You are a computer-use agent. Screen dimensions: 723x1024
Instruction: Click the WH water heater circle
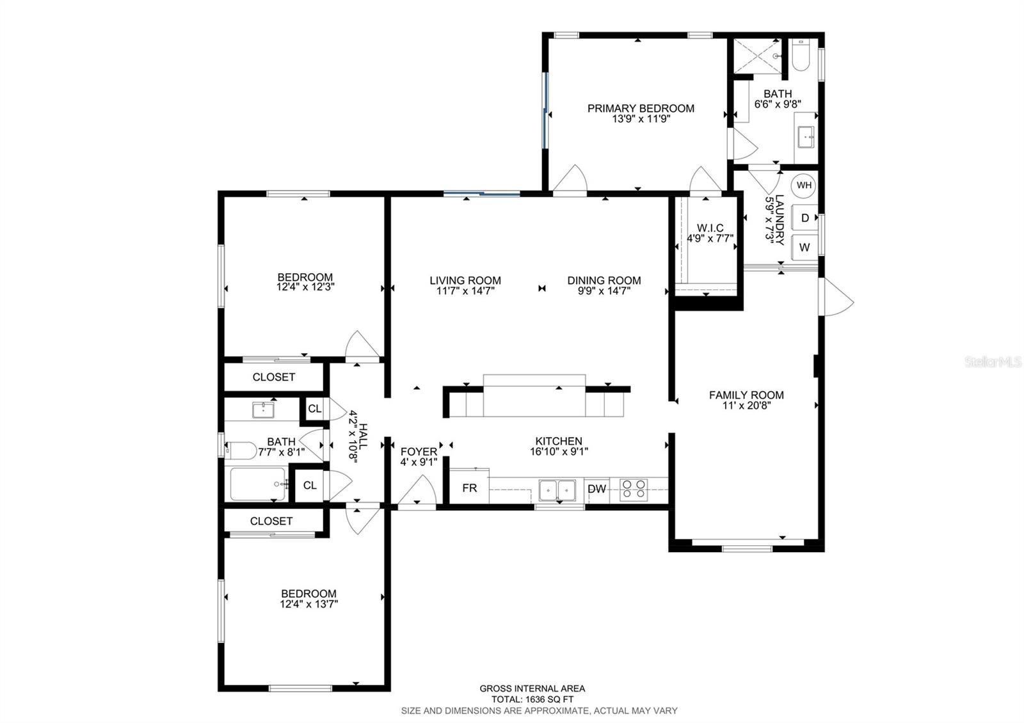(x=804, y=186)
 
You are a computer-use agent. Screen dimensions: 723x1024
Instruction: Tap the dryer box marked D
(x=804, y=218)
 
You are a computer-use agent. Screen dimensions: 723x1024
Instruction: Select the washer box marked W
(x=804, y=247)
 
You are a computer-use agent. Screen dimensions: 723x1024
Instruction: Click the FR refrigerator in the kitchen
(x=470, y=488)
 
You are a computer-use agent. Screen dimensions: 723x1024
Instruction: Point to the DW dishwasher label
(x=596, y=489)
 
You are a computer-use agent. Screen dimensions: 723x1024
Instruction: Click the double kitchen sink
(x=557, y=490)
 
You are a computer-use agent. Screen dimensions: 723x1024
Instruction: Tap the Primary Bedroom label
(x=641, y=108)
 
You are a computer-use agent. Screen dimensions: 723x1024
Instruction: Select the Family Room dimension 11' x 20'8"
(x=746, y=405)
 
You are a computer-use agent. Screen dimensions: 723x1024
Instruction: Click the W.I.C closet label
(x=710, y=228)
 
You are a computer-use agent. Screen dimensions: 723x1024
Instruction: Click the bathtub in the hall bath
(x=257, y=484)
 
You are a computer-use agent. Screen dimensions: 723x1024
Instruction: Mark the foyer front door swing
(x=417, y=493)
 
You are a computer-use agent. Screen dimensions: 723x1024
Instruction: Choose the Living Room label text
(x=465, y=280)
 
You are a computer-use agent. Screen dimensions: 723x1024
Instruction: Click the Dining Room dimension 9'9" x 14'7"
(x=604, y=290)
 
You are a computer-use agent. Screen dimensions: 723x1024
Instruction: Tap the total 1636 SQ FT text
(x=532, y=699)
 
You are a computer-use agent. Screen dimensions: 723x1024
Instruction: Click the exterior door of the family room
(x=836, y=297)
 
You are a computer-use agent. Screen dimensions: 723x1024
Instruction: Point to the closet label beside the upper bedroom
(x=273, y=377)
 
